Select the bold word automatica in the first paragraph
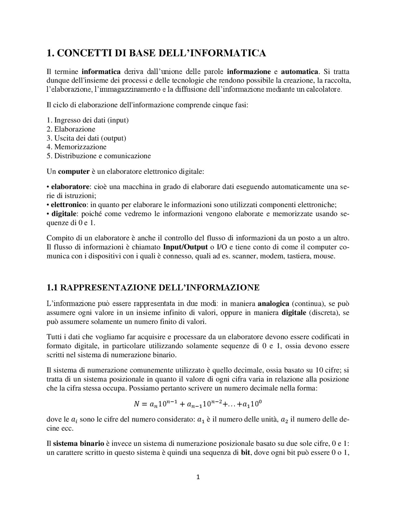pyautogui.click(x=299, y=72)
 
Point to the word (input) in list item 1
pyautogui.click(x=118, y=120)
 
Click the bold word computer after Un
pyautogui.click(x=74, y=171)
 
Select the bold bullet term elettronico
pyautogui.click(x=69, y=205)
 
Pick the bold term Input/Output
pyautogui.click(x=185, y=247)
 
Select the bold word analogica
pyautogui.click(x=273, y=304)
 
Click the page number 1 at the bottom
pyautogui.click(x=198, y=477)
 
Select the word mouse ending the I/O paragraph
pyautogui.click(x=325, y=256)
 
